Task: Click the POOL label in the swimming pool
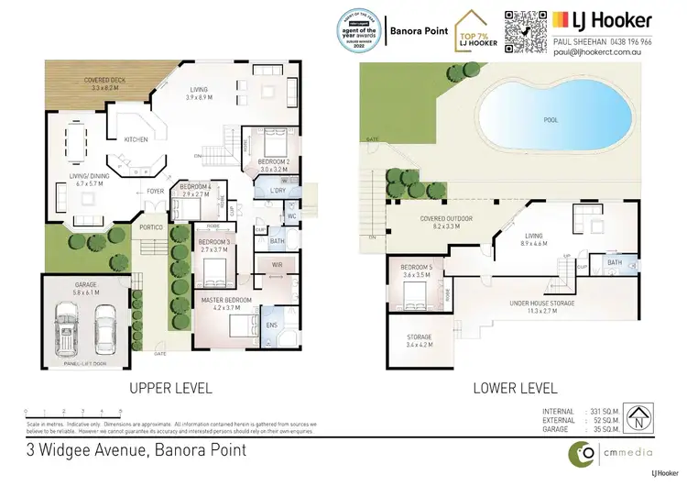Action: coord(551,120)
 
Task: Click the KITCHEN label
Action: coord(136,139)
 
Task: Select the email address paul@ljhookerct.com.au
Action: coord(601,53)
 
